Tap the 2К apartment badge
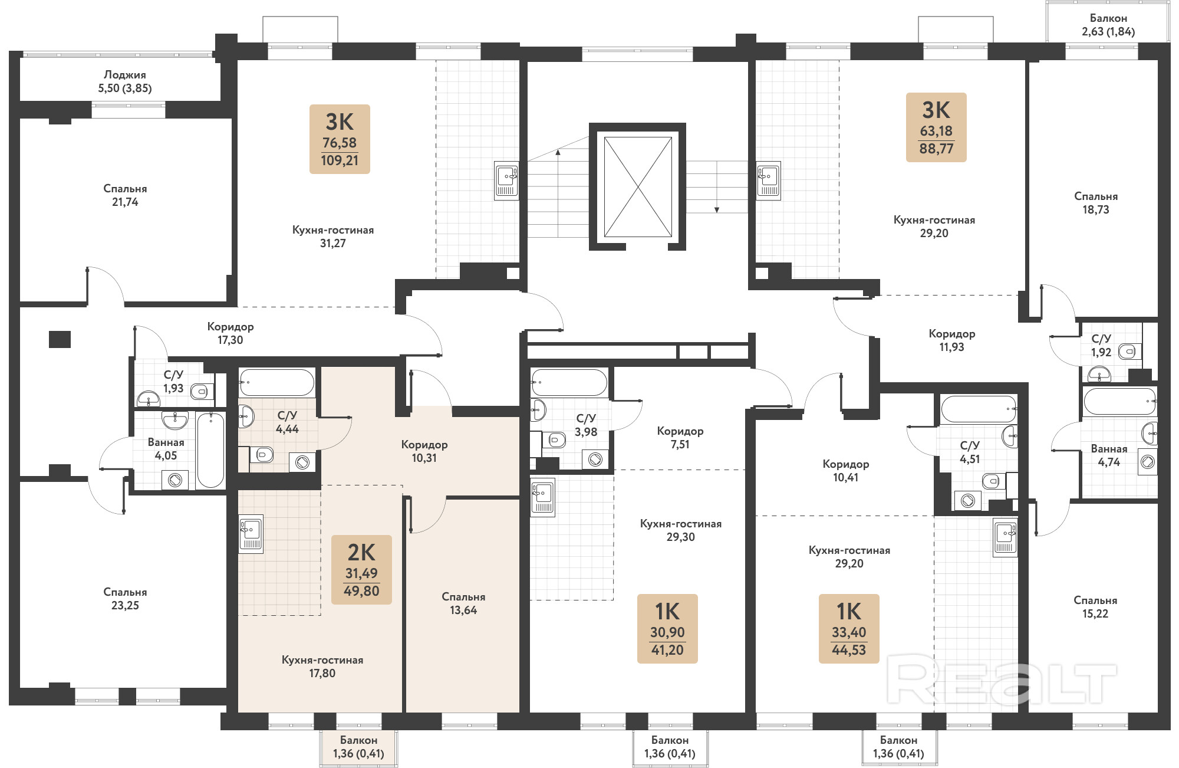pos(361,570)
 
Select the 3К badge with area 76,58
pos(340,139)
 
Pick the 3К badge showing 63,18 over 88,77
pos(936,127)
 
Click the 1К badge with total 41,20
pos(667,629)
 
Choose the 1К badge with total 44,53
pos(849,629)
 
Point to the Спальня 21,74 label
pos(125,195)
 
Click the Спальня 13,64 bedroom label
pos(463,603)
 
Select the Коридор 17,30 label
pos(230,333)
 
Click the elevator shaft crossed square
pos(638,187)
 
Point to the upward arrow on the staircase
pos(558,193)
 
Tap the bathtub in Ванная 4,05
pos(210,450)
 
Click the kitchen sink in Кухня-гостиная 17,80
pos(251,534)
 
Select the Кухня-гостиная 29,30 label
pos(681,530)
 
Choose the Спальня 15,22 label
pos(1095,607)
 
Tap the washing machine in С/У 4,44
pos(302,462)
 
